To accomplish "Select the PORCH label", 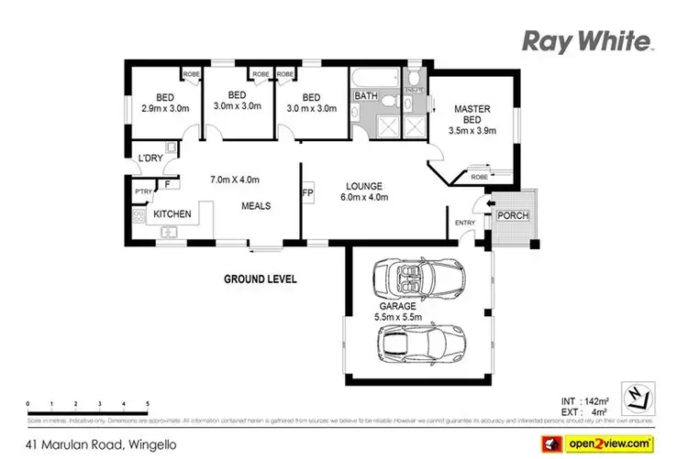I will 512,216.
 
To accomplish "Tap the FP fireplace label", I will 307,194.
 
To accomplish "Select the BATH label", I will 366,97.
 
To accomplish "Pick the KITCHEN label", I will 172,214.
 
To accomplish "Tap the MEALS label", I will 256,206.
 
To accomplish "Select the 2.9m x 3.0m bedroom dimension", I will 165,108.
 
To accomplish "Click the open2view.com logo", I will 605,441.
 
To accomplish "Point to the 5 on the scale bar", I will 149,403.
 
